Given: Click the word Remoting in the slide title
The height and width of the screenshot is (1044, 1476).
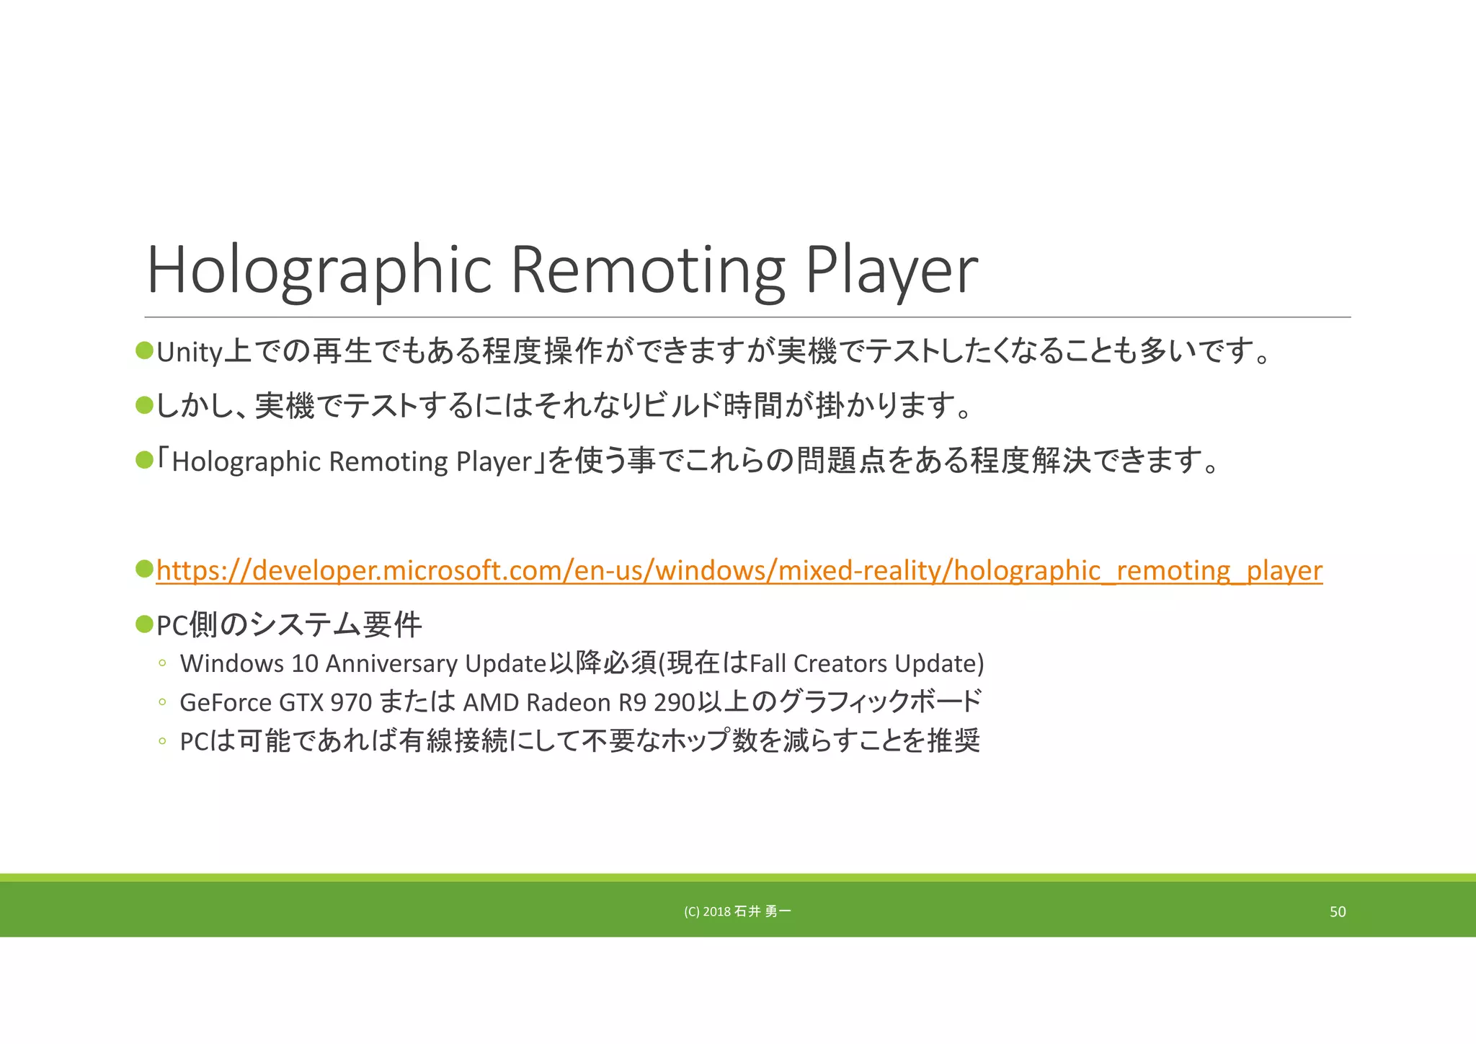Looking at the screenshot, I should point(647,270).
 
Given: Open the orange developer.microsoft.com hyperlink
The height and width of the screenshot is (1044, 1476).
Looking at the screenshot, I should point(739,570).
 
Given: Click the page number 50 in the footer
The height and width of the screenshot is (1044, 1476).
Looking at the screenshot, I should point(1337,912).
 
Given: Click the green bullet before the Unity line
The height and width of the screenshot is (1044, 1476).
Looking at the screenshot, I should point(144,351).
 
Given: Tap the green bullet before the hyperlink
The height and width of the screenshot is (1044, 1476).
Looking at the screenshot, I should point(144,569).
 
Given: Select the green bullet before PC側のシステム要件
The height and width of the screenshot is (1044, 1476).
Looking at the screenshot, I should point(144,623).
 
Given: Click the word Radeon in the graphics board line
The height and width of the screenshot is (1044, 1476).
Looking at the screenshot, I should point(569,702).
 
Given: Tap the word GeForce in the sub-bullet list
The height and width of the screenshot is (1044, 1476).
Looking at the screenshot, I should point(225,702).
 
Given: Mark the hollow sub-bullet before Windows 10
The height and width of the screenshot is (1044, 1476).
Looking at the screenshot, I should point(162,663).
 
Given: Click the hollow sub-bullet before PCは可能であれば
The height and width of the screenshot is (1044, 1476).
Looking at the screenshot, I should point(162,741).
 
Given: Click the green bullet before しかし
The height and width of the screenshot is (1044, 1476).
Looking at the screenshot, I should point(144,405).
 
